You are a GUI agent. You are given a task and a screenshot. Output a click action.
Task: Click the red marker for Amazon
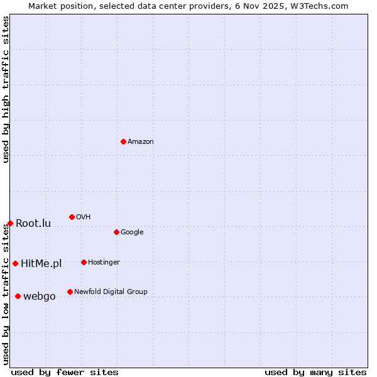click(x=123, y=141)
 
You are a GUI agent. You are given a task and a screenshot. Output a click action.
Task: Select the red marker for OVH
click(x=72, y=217)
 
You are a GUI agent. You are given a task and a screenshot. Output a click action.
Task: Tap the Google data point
click(x=116, y=232)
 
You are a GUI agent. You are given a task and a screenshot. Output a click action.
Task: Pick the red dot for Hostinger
click(x=84, y=262)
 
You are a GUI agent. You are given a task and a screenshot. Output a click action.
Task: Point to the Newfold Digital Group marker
click(x=70, y=292)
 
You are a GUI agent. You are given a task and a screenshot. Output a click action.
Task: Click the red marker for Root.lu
click(x=10, y=223)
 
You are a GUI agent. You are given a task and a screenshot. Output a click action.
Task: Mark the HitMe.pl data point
click(x=15, y=263)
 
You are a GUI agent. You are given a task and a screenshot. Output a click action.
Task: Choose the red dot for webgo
click(x=18, y=296)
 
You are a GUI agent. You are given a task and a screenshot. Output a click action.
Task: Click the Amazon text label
click(x=141, y=142)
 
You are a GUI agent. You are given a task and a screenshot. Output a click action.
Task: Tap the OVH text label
click(x=84, y=217)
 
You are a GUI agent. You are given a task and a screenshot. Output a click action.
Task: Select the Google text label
click(x=132, y=232)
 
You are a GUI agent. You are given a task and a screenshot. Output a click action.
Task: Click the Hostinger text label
click(x=104, y=263)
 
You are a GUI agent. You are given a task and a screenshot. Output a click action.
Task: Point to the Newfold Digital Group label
click(x=111, y=292)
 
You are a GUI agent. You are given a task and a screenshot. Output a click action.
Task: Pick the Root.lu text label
click(x=33, y=224)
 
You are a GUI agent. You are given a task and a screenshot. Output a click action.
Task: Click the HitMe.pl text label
click(x=41, y=264)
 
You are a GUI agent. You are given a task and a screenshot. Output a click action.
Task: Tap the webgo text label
click(x=40, y=297)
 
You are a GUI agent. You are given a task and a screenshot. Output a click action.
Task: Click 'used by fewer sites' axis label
click(x=65, y=372)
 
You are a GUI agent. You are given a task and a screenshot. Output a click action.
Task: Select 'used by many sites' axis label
click(x=315, y=372)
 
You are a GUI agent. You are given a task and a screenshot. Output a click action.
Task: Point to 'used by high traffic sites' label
click(x=6, y=89)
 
